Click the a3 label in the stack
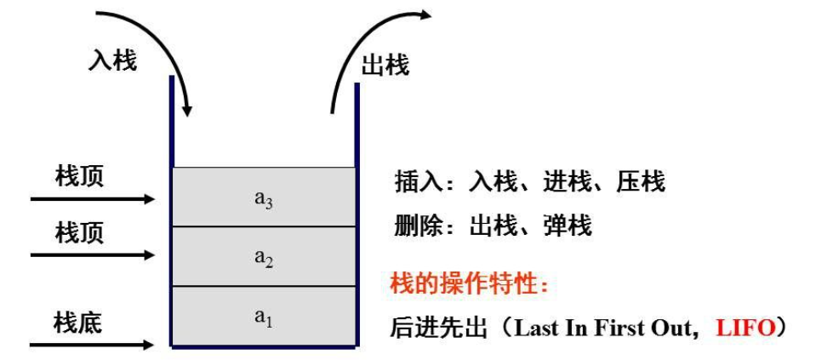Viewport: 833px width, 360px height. point(263,199)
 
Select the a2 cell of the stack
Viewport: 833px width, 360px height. point(263,258)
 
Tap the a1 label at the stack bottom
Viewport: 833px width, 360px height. point(263,317)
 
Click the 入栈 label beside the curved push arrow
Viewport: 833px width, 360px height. point(111,60)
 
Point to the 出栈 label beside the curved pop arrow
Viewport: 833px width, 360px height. point(385,66)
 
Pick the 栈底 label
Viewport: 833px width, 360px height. point(77,323)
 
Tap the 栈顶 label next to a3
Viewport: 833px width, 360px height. point(79,177)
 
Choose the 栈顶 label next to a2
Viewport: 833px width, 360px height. point(79,233)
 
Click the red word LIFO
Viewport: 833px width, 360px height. point(746,328)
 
